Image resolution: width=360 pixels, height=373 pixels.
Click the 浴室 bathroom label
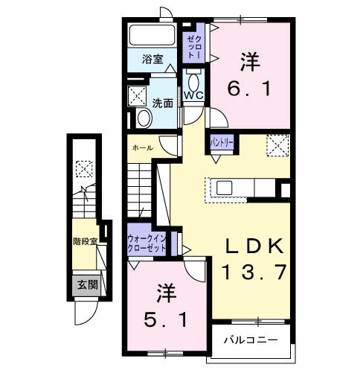[152, 59]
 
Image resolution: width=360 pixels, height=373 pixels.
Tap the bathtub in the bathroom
[152, 35]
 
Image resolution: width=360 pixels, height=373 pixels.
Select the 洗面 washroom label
[164, 103]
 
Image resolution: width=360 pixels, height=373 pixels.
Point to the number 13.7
[253, 272]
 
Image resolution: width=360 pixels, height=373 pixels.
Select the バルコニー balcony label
[251, 340]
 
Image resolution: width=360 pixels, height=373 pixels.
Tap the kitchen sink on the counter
[224, 188]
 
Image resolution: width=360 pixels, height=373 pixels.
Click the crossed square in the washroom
[138, 95]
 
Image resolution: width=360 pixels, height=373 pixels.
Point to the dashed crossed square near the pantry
[277, 144]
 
